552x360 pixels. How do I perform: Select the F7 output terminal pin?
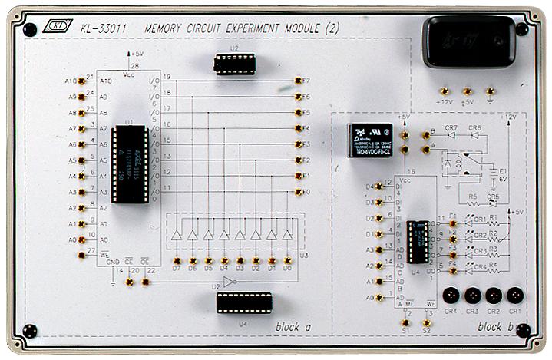coord(296,80)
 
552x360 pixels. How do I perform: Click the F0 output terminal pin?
coord(296,193)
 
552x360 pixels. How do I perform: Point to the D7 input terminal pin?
coord(176,260)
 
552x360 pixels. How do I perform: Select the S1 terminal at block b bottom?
coord(407,323)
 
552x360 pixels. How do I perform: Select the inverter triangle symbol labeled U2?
coord(227,282)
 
